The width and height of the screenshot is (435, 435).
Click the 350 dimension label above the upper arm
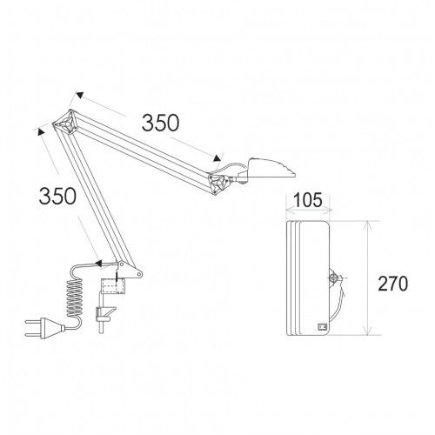160,123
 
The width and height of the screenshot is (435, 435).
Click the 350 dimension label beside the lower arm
57,196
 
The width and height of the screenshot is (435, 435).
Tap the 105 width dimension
308,200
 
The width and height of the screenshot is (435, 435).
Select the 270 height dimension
393,284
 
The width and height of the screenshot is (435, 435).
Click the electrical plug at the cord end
45,328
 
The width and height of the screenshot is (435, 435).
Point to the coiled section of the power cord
74,298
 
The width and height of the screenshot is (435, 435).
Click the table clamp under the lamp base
104,314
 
